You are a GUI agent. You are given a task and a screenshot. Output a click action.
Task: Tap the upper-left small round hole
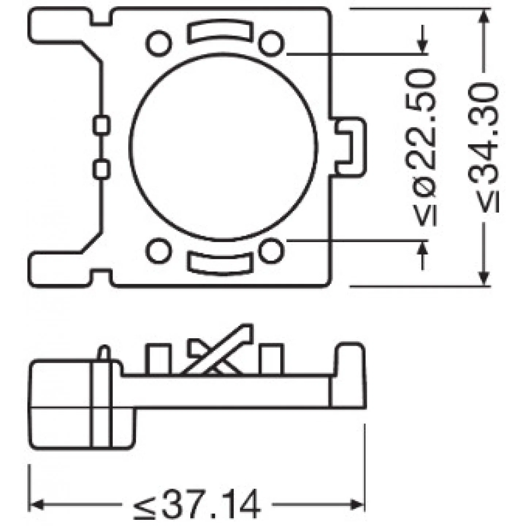click(159, 44)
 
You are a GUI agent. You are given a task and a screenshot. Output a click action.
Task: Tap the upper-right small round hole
click(271, 44)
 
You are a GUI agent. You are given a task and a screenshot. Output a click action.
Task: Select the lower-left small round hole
click(159, 251)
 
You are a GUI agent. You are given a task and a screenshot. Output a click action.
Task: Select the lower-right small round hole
click(271, 251)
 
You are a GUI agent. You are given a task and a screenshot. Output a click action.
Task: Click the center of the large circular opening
click(223, 146)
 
